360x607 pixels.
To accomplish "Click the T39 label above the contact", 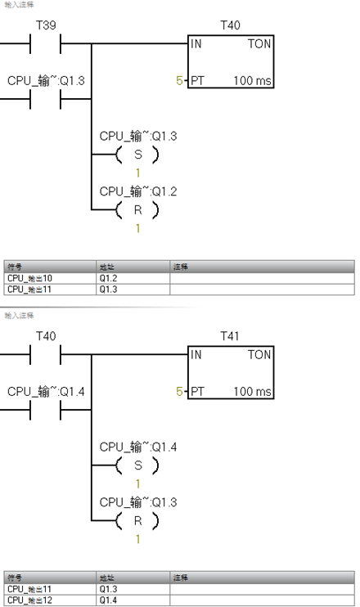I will [x=46, y=26].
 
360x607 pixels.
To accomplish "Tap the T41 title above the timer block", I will [x=231, y=336].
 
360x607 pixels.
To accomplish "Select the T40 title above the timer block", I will [x=231, y=26].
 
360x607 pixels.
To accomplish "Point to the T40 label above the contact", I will [x=46, y=336].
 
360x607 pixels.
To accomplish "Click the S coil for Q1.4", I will [x=137, y=465].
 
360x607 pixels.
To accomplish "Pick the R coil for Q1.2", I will [x=137, y=210].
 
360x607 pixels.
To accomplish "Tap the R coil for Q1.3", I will [x=137, y=520].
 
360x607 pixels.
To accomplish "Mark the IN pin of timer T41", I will [x=196, y=354].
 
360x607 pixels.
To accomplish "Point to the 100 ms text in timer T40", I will [x=252, y=82].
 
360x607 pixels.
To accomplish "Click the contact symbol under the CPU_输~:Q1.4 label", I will [x=46, y=412].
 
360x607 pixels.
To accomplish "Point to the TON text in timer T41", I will [x=259, y=355].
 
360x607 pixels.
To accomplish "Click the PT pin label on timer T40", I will [x=197, y=82].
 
